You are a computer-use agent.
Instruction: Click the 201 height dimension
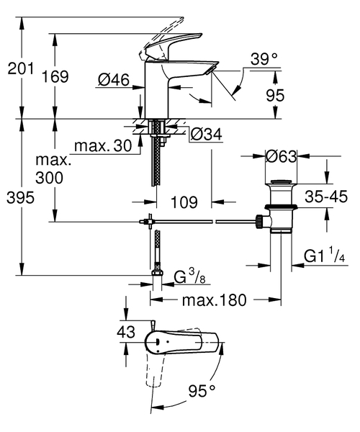(20, 68)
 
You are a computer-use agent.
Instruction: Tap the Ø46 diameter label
(113, 81)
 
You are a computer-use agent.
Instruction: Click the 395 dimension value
(20, 199)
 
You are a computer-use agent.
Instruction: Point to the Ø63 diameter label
(282, 156)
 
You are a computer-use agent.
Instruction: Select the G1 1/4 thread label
(324, 256)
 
